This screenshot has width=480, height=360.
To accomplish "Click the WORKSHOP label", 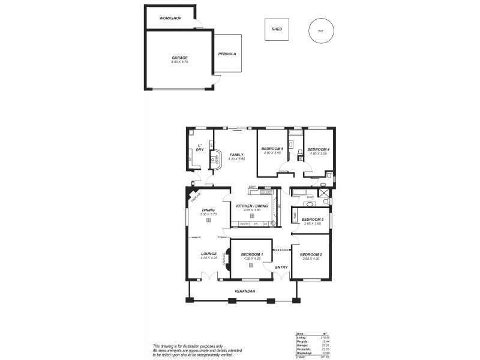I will point(170,19).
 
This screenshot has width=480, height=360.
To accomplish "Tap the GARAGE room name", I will point(179,58).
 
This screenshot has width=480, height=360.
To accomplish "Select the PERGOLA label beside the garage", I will point(227,53).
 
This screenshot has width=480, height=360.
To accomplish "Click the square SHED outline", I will point(277,29).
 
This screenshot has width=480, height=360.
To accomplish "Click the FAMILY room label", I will point(236,154).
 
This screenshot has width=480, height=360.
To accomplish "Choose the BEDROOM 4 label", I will point(318,149).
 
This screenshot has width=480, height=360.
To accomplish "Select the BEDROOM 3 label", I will point(312,220).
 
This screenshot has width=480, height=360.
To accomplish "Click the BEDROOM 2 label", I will point(311,255).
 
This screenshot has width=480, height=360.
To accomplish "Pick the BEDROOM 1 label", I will point(252,255).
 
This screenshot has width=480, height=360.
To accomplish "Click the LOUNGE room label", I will point(209,254).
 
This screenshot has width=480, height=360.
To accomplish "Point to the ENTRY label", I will point(281,267).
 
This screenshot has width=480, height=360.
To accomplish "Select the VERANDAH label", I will point(245,292).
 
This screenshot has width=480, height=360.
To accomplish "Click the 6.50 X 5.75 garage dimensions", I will point(179,62).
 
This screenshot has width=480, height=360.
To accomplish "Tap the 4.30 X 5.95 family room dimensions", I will point(236,158).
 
